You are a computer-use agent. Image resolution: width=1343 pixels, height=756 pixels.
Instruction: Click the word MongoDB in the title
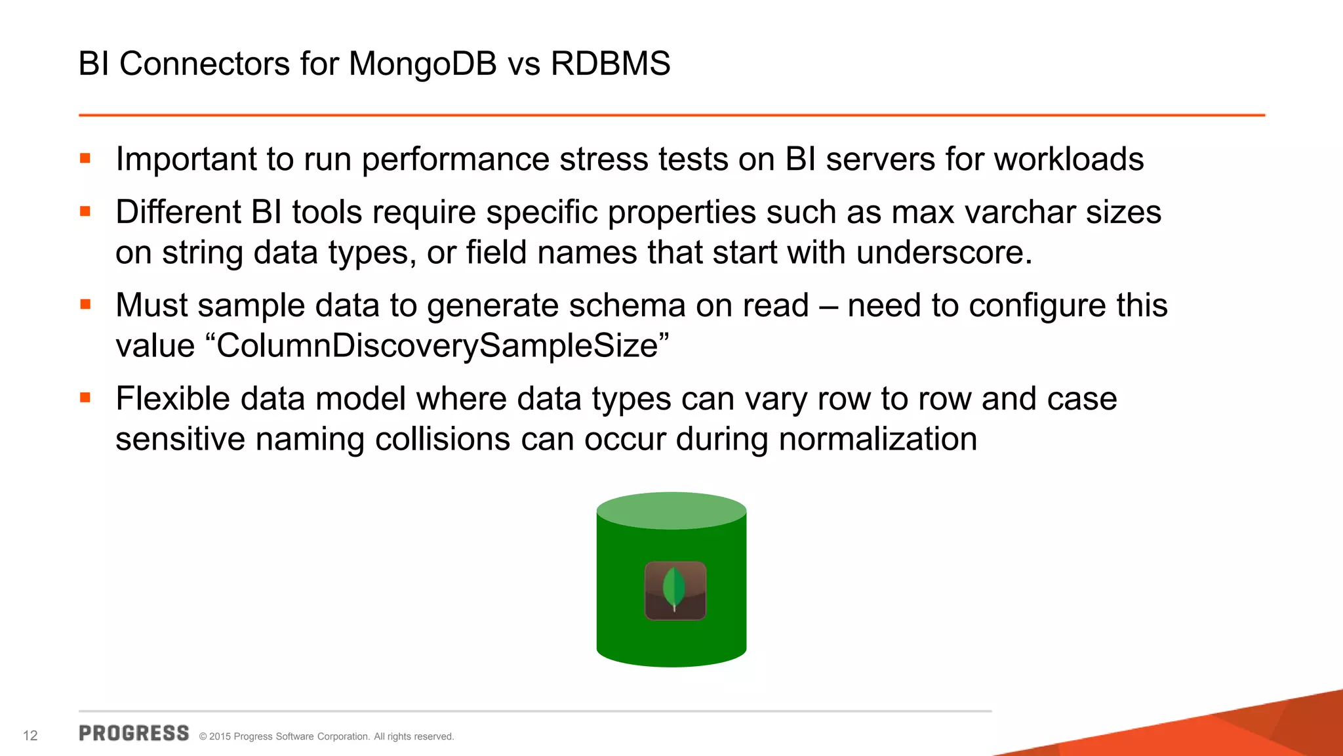(x=422, y=64)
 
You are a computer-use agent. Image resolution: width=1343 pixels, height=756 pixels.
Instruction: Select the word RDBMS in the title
(x=610, y=64)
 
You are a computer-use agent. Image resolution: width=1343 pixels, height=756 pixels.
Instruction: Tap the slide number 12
(x=30, y=736)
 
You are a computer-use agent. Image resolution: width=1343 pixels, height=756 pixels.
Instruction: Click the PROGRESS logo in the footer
(x=134, y=733)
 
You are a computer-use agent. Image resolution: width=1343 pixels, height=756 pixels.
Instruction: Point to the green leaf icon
(x=674, y=589)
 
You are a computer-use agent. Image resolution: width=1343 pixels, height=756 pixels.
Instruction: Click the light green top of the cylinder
(x=671, y=511)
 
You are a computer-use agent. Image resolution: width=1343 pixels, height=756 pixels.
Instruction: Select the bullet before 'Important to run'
(x=85, y=158)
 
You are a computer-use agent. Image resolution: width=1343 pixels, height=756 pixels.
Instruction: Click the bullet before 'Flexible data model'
(x=85, y=398)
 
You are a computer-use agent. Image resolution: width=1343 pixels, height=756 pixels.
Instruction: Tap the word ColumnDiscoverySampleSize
(x=437, y=346)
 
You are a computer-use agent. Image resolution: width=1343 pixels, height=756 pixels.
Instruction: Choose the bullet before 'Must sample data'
(x=85, y=304)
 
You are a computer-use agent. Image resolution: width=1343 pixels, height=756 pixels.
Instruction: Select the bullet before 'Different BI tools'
(x=85, y=211)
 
